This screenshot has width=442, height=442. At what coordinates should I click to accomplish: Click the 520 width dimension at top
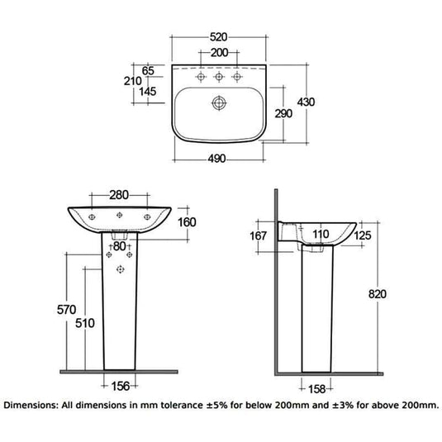click(x=219, y=37)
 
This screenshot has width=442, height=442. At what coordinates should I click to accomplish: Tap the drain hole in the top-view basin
click(x=219, y=104)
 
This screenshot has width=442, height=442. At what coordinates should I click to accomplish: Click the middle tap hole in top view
click(x=219, y=76)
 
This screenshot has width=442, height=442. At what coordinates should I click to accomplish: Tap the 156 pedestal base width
click(x=121, y=383)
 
